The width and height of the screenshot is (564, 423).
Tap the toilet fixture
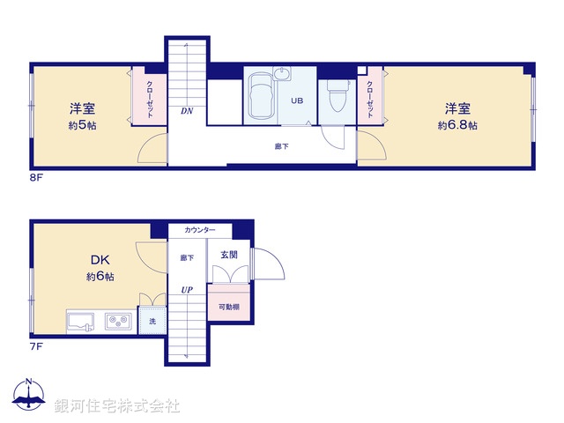pyautogui.click(x=337, y=94)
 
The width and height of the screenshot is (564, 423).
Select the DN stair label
pyautogui.click(x=187, y=111)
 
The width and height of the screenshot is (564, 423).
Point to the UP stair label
pyautogui.click(x=187, y=289)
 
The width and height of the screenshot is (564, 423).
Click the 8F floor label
pyautogui.click(x=37, y=176)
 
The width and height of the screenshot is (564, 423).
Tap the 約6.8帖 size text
pyautogui.click(x=457, y=126)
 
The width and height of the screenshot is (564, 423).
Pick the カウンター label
pyautogui.click(x=200, y=231)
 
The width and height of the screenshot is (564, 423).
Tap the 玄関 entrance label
pyautogui.click(x=228, y=256)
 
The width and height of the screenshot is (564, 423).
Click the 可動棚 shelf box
pyautogui.click(x=228, y=308)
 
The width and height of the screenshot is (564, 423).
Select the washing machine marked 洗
pyautogui.click(x=152, y=322)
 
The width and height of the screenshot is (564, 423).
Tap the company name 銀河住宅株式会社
pyautogui.click(x=117, y=406)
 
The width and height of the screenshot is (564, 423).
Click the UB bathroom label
pyautogui.click(x=298, y=100)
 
